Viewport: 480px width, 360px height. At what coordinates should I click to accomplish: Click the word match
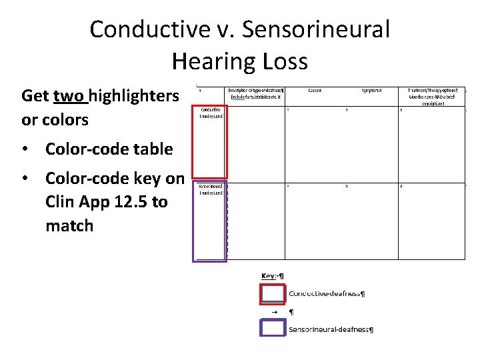click(69, 225)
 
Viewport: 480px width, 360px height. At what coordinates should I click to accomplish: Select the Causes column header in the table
click(316, 90)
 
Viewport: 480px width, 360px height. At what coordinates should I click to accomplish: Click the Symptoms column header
click(372, 90)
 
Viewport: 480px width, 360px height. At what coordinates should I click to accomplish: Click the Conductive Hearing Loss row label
click(210, 113)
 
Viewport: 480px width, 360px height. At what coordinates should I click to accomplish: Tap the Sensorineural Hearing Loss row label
click(210, 189)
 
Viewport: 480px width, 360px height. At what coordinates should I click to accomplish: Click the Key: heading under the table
click(272, 276)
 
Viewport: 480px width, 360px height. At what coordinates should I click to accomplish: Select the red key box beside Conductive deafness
click(272, 294)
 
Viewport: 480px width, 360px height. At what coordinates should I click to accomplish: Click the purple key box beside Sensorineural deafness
click(272, 329)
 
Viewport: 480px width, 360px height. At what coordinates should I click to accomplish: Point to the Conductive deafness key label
click(326, 293)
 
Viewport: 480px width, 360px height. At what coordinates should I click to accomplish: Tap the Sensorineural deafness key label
click(331, 329)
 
